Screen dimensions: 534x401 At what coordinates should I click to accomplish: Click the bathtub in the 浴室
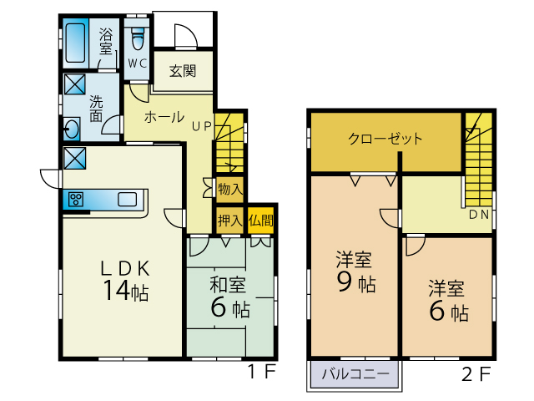(x=75, y=43)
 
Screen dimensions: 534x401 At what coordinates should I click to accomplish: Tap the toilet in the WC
(x=138, y=38)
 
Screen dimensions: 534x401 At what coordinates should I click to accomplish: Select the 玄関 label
(x=183, y=71)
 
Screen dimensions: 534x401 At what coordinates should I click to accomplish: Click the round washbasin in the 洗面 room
(x=72, y=129)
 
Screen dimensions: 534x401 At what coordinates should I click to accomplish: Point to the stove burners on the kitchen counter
(x=76, y=200)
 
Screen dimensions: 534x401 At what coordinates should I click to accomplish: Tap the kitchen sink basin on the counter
(x=128, y=200)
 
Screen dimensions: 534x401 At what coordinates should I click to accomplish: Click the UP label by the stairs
(x=202, y=126)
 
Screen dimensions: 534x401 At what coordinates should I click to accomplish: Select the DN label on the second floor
(x=479, y=215)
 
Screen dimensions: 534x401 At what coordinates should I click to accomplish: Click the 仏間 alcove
(x=261, y=221)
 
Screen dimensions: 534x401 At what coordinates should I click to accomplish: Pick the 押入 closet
(x=230, y=221)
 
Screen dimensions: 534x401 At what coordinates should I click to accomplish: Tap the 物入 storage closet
(x=230, y=189)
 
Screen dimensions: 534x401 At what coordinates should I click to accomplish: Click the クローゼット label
(x=385, y=139)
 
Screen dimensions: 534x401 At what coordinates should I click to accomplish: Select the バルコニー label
(x=355, y=374)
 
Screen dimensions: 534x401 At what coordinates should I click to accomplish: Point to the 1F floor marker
(x=261, y=371)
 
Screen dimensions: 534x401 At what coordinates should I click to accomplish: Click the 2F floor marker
(x=476, y=374)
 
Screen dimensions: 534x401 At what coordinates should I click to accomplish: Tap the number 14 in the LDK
(x=117, y=291)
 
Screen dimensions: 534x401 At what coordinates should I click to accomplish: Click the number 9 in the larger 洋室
(x=345, y=282)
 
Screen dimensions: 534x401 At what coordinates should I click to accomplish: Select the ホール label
(x=164, y=117)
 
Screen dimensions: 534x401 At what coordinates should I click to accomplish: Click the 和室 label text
(x=228, y=285)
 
